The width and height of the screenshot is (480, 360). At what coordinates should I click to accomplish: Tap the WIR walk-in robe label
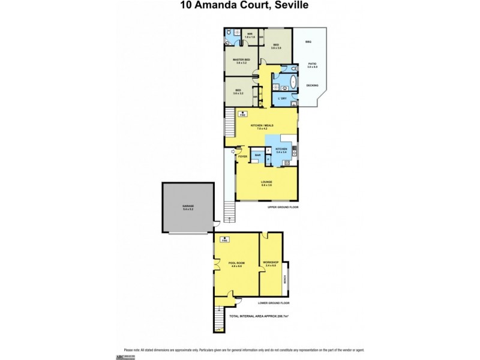[x=250, y=34]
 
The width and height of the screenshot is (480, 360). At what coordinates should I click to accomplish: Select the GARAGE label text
[x=188, y=206]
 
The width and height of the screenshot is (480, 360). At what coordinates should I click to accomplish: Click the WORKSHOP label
[x=271, y=262]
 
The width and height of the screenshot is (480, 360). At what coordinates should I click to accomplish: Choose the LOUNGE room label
[x=266, y=182]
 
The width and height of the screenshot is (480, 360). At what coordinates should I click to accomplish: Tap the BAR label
[x=257, y=155]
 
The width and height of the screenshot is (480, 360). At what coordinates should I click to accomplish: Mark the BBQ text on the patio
[x=308, y=41]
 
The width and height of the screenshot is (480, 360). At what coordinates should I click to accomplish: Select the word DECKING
[x=312, y=85]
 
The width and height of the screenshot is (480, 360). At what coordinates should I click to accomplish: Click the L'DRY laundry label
[x=283, y=98]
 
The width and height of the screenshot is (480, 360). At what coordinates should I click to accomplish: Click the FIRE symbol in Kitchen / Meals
[x=243, y=113]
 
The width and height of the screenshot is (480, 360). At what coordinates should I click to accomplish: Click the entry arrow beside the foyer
[x=233, y=151]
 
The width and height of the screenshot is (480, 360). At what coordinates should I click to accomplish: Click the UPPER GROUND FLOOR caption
[x=283, y=206]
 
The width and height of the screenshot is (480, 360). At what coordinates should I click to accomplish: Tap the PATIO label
[x=312, y=64]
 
